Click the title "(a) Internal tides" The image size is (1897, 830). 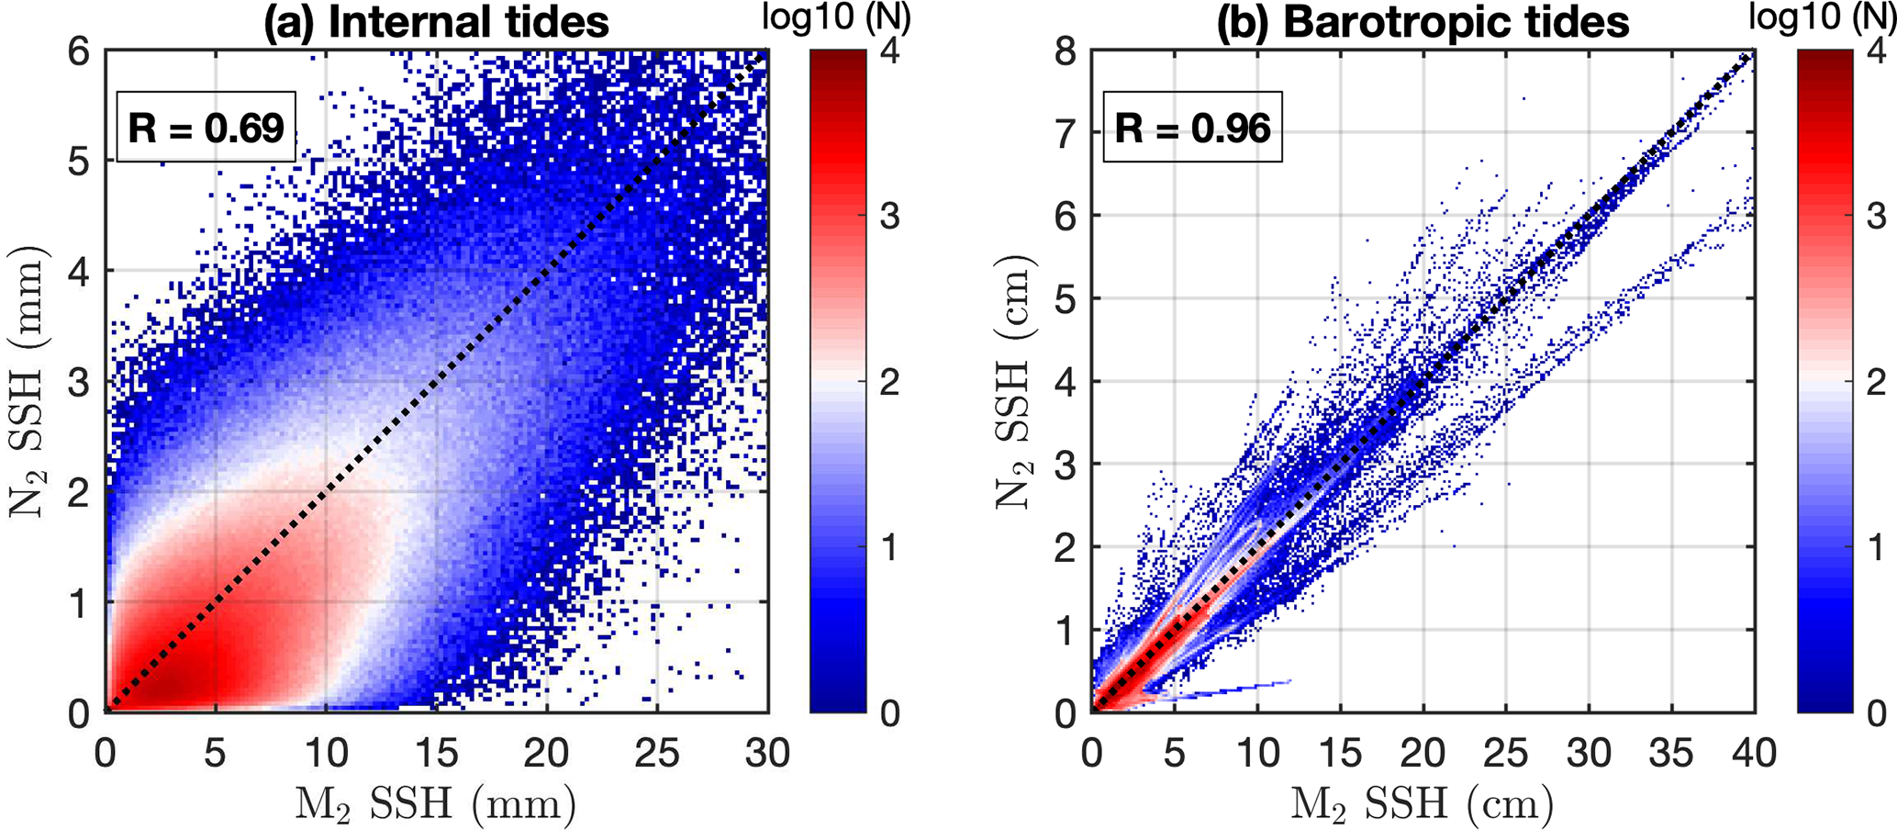(436, 22)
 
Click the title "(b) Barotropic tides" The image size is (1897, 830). (1423, 22)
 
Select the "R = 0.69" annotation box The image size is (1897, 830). (206, 127)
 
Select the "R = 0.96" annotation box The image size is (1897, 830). (1192, 127)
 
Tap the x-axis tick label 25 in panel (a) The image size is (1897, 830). (657, 754)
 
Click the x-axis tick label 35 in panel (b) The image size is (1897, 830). (1671, 754)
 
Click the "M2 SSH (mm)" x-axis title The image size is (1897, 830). (435, 804)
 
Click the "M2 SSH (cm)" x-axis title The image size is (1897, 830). (1423, 804)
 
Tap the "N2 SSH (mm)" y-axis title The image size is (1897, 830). (28, 381)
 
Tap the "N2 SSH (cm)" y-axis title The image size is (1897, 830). (1015, 381)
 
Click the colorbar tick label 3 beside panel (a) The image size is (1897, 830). (889, 218)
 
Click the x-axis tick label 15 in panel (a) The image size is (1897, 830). (437, 754)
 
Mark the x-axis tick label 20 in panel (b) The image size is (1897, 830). (1423, 754)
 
